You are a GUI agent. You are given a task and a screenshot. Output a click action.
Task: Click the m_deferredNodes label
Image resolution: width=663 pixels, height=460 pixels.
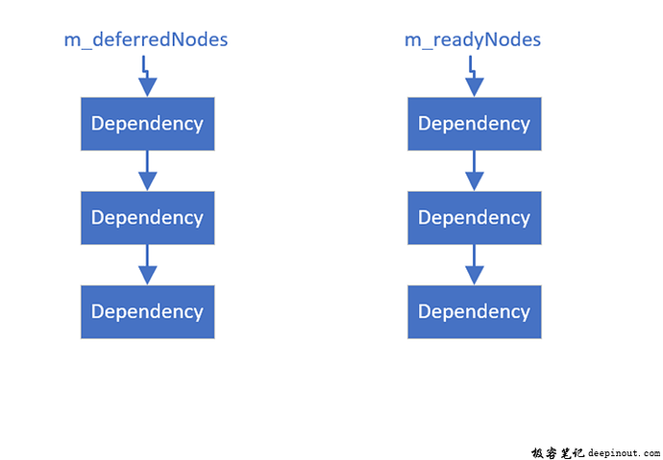tap(146, 39)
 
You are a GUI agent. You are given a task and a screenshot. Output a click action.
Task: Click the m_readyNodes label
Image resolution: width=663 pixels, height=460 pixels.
tap(473, 39)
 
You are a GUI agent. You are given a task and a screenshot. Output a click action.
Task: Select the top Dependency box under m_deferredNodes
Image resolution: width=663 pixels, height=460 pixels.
tap(147, 124)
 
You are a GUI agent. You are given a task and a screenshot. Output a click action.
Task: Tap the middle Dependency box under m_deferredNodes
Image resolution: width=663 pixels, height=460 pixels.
tap(147, 218)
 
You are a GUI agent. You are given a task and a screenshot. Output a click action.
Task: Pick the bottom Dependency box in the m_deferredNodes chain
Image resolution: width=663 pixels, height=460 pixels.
tap(147, 312)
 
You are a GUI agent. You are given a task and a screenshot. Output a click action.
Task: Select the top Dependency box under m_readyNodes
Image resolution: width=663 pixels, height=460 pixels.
tap(474, 124)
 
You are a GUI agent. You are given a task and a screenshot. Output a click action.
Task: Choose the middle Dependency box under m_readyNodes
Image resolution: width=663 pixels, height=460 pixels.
tap(474, 218)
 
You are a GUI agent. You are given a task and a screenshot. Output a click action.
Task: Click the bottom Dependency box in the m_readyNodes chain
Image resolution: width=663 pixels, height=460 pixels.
tap(474, 312)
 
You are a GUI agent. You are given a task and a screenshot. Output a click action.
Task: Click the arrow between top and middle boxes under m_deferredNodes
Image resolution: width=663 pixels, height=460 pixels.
tap(147, 170)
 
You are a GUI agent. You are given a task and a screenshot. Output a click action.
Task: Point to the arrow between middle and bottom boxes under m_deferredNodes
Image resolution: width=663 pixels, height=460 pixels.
tap(147, 264)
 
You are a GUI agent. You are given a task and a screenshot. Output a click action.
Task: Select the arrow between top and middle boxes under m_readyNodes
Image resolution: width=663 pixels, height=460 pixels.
tap(474, 170)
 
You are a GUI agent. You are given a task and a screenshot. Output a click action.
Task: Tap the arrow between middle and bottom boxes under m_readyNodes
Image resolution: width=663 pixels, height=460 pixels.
tap(474, 264)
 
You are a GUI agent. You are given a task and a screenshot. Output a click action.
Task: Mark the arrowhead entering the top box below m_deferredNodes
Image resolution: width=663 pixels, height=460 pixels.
tap(147, 87)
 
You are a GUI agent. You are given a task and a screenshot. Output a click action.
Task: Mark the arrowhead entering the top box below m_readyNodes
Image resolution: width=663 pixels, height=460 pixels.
tap(474, 87)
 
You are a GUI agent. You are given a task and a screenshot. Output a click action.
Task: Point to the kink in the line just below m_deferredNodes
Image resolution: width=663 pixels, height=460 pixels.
tap(145, 69)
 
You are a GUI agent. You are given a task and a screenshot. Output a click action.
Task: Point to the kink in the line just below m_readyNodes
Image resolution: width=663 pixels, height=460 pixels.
tap(472, 69)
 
